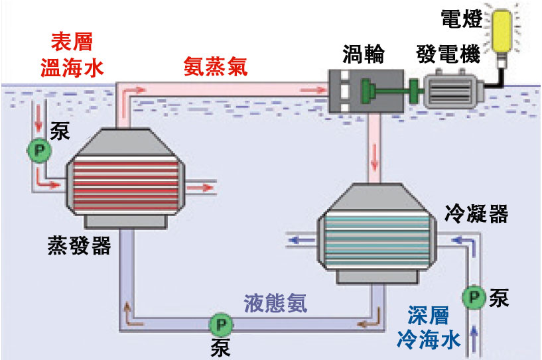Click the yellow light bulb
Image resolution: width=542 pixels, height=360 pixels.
[x=502, y=29]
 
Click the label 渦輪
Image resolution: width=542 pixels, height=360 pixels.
[x=364, y=54]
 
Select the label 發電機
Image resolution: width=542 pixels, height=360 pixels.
[x=448, y=54]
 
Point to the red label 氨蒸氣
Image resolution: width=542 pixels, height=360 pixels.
[x=215, y=67]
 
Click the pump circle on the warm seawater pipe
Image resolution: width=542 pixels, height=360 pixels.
[x=38, y=151]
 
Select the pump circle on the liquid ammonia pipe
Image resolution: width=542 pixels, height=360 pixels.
[x=218, y=325]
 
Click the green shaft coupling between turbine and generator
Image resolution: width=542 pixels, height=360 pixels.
[x=411, y=91]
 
